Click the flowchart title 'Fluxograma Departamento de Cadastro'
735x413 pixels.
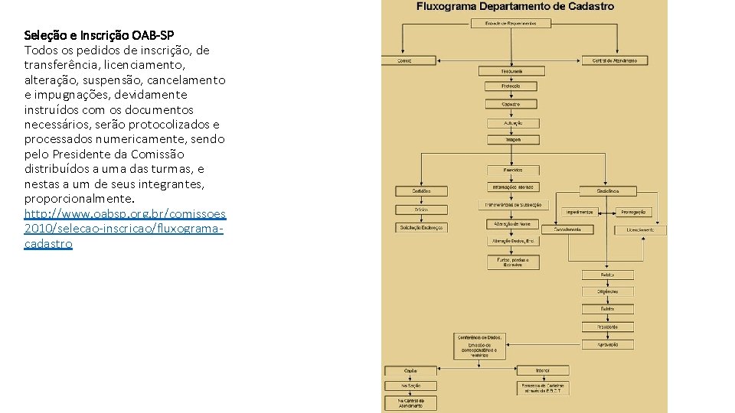pyautogui.click(x=514, y=7)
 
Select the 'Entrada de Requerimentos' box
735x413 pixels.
pyautogui.click(x=511, y=24)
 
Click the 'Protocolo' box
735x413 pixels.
pyautogui.click(x=511, y=86)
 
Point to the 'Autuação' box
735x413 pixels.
pyautogui.click(x=513, y=122)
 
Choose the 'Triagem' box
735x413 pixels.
pyautogui.click(x=513, y=139)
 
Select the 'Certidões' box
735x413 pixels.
pyautogui.click(x=421, y=190)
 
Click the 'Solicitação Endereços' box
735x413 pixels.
pyautogui.click(x=421, y=227)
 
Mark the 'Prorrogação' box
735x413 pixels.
pyautogui.click(x=632, y=212)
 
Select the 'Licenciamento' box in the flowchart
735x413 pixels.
pyautogui.click(x=640, y=229)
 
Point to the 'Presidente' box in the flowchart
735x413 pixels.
pyautogui.click(x=607, y=327)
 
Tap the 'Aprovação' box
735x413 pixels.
pyautogui.click(x=607, y=345)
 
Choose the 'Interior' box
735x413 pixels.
pyautogui.click(x=542, y=370)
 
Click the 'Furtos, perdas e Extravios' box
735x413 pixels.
pyautogui.click(x=513, y=262)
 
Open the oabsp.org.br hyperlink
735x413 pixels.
pyautogui.click(x=125, y=214)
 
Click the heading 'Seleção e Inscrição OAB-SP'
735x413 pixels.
pyautogui.click(x=99, y=35)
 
